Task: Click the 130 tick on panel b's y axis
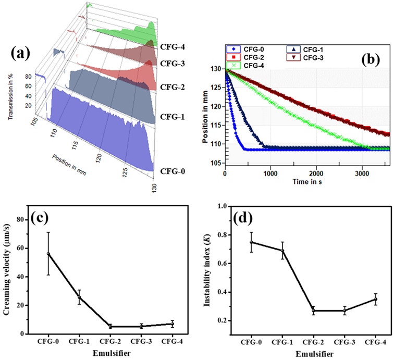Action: click(215, 68)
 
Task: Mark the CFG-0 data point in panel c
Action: click(48, 254)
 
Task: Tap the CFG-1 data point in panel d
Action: click(282, 251)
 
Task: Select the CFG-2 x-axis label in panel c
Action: click(110, 342)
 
